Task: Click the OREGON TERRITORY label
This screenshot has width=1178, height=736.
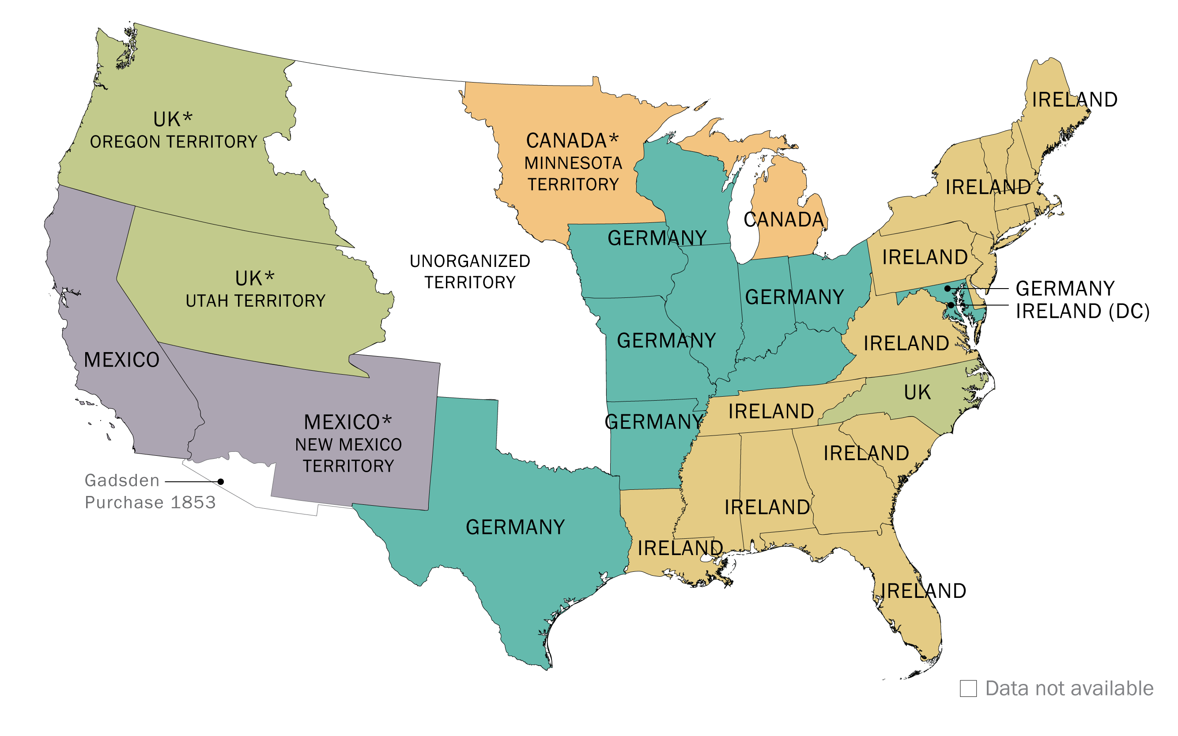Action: [x=174, y=142]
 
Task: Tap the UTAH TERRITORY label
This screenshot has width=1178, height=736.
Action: [x=255, y=301]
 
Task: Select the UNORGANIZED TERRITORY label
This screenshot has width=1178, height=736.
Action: [x=469, y=272]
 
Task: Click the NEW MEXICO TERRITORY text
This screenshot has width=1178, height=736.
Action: [x=348, y=455]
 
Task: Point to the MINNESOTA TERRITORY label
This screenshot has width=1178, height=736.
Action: [x=573, y=173]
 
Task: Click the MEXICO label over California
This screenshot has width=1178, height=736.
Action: [x=121, y=360]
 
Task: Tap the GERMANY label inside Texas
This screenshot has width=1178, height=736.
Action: [x=515, y=528]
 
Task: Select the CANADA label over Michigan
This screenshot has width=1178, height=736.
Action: [x=783, y=220]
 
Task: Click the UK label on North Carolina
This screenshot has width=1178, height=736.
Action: [x=917, y=392]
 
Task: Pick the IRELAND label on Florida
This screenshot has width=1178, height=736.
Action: [x=923, y=591]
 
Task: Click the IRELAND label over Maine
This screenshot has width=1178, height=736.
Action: [x=1074, y=100]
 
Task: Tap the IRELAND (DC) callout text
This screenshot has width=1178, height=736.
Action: [x=1082, y=312]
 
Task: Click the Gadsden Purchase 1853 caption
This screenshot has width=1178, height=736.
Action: [x=150, y=492]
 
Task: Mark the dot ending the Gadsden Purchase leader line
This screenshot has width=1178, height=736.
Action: [x=221, y=481]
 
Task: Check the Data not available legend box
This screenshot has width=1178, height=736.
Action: [x=968, y=689]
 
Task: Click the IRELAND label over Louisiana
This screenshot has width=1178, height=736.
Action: [x=680, y=548]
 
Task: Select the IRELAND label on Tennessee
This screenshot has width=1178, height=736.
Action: [x=770, y=412]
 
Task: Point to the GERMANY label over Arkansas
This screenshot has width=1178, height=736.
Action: [x=653, y=422]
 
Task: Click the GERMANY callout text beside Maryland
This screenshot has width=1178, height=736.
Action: [x=1065, y=289]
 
